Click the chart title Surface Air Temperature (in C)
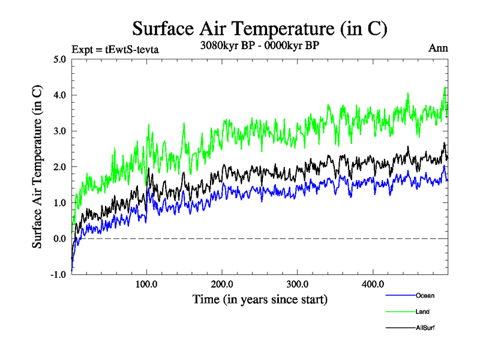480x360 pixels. [x=260, y=28]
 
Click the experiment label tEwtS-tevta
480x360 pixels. [x=115, y=49]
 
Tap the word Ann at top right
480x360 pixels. [x=439, y=48]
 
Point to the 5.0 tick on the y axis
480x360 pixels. [x=59, y=59]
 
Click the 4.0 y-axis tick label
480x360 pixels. [x=59, y=95]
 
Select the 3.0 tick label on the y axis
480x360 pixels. [x=59, y=131]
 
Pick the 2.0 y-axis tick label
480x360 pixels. [x=59, y=167]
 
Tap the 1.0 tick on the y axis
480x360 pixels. [x=59, y=203]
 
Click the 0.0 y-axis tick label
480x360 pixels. [x=59, y=239]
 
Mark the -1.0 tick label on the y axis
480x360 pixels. [x=58, y=274]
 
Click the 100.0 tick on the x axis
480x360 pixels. [x=146, y=284]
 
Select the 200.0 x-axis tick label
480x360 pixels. [x=222, y=284]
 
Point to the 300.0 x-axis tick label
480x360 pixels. [x=298, y=284]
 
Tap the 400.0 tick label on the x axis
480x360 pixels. [x=373, y=284]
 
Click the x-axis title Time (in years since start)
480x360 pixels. [x=260, y=298]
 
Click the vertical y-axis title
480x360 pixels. [x=37, y=167]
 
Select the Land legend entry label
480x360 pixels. [x=422, y=311]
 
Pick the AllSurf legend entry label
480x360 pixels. [x=424, y=328]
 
